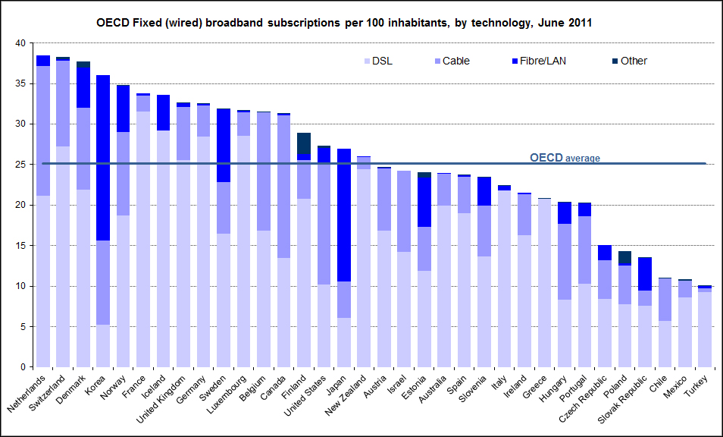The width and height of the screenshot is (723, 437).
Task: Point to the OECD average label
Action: pyautogui.click(x=565, y=158)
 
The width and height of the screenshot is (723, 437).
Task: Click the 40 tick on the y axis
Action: pyautogui.click(x=20, y=43)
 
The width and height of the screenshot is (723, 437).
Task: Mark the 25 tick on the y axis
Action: pyautogui.click(x=20, y=165)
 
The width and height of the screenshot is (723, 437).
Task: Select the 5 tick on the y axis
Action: pyautogui.click(x=23, y=327)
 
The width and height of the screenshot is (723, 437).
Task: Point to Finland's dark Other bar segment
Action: pyautogui.click(x=304, y=143)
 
